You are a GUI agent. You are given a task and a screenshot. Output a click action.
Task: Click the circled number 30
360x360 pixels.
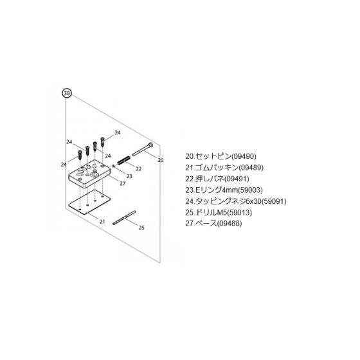pyautogui.click(x=67, y=93)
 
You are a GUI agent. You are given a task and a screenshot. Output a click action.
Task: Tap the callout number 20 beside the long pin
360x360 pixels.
pyautogui.click(x=161, y=160)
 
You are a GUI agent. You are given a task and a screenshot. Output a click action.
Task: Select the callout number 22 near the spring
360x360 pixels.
pyautogui.click(x=138, y=168)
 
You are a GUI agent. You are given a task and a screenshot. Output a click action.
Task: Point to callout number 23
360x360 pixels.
pyautogui.click(x=129, y=176)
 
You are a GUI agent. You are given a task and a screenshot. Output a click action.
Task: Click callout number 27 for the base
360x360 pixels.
pyautogui.click(x=123, y=184)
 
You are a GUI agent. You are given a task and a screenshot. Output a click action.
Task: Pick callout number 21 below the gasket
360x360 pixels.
pyautogui.click(x=102, y=222)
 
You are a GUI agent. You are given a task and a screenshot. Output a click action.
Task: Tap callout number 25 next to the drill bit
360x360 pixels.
pyautogui.click(x=141, y=228)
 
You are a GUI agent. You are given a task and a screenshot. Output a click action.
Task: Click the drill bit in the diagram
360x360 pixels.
pyautogui.click(x=124, y=218)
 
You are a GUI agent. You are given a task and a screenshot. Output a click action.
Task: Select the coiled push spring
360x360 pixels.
pyautogui.click(x=123, y=160)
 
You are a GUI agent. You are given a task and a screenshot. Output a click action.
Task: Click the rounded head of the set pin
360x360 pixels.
pyautogui.click(x=150, y=145)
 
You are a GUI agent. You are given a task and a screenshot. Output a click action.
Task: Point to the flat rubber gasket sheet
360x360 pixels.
pyautogui.click(x=89, y=202)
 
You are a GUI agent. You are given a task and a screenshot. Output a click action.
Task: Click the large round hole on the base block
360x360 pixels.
pyautogui.click(x=94, y=175)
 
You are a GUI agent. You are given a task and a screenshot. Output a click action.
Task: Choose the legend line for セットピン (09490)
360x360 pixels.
pyautogui.click(x=221, y=156)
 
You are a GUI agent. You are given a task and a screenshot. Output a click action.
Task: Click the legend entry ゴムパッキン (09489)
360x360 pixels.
pyautogui.click(x=224, y=168)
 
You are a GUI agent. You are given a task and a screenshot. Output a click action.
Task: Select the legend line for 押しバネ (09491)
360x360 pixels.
pyautogui.click(x=217, y=179)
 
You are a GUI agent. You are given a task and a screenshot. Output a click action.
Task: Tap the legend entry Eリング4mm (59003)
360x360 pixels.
pyautogui.click(x=224, y=190)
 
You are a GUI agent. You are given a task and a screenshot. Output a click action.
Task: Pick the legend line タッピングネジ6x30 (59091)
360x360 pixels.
pyautogui.click(x=236, y=201)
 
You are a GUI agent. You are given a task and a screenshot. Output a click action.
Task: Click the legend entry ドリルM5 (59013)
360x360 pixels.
pyautogui.click(x=219, y=212)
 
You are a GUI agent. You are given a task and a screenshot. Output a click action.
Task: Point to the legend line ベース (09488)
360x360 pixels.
pyautogui.click(x=213, y=224)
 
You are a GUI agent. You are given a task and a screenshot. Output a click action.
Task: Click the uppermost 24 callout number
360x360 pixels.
pyautogui.click(x=118, y=132)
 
